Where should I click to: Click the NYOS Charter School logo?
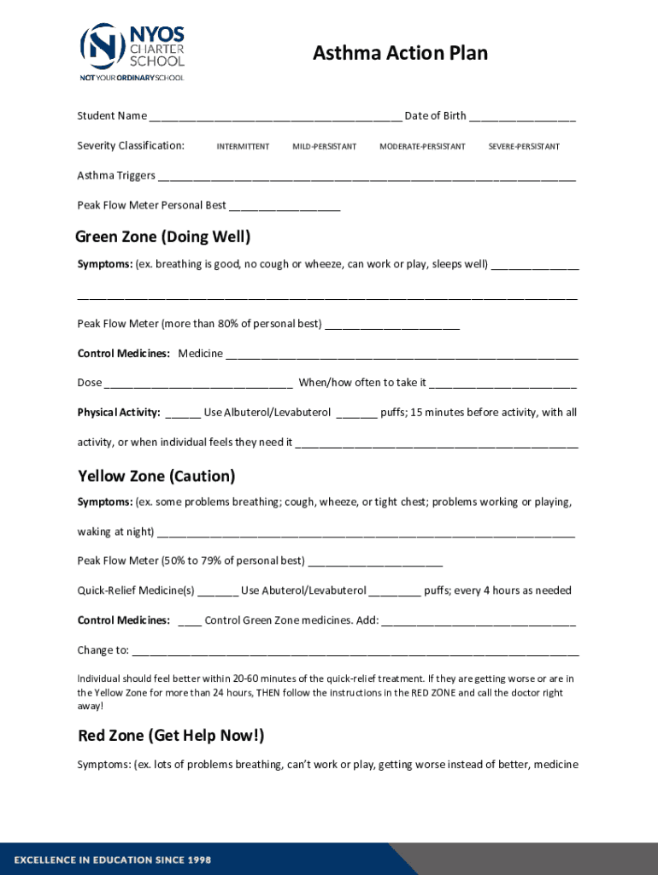click(132, 51)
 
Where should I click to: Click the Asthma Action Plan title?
click(400, 54)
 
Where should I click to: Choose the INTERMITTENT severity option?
click(243, 147)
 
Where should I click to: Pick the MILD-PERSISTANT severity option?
click(324, 147)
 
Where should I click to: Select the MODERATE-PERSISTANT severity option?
click(422, 147)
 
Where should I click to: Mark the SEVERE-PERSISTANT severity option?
click(524, 147)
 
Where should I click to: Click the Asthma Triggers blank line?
click(367, 178)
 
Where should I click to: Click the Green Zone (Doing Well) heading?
click(162, 237)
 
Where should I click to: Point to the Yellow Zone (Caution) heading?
click(156, 476)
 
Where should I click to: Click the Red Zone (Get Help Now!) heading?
click(171, 736)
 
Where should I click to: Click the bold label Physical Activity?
click(119, 413)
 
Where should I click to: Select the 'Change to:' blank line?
click(355, 652)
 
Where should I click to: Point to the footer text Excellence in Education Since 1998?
click(112, 859)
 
